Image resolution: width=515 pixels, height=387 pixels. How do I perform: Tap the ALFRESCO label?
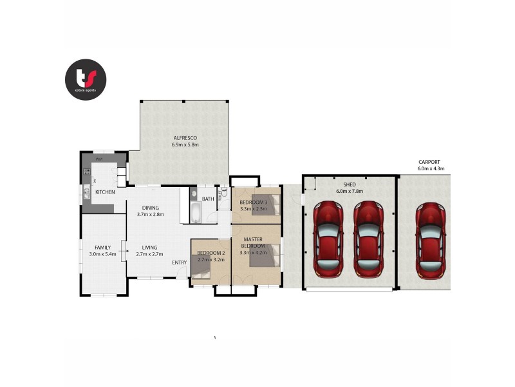[x=184, y=138]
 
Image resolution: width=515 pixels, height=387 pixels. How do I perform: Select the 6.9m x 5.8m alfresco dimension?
[x=185, y=145]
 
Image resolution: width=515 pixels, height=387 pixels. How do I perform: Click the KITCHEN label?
[x=105, y=192]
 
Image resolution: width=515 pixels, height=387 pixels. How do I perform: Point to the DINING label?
[x=150, y=207]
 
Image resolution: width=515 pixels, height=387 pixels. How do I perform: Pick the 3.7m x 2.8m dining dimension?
[x=150, y=214]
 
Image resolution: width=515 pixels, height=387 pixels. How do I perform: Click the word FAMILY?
[x=102, y=247]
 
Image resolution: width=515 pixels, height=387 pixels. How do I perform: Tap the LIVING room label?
[x=150, y=247]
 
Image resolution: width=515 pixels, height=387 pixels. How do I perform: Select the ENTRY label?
[x=179, y=263]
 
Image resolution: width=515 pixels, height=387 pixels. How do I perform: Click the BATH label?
[x=207, y=199]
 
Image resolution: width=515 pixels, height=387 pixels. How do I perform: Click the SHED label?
[x=349, y=184]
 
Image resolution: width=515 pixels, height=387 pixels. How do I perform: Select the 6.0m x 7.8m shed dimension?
[x=350, y=192]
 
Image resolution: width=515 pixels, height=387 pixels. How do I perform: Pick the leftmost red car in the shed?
[x=328, y=239]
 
